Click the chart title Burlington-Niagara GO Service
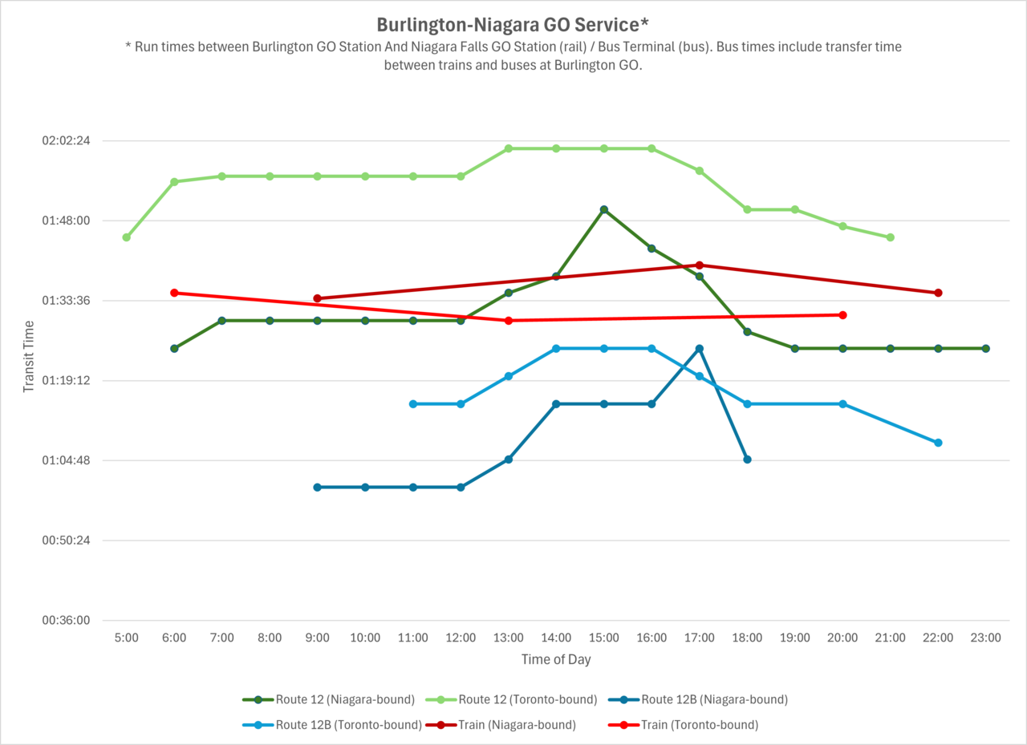(513, 24)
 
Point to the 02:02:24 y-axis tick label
(65, 141)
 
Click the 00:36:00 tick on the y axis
(65, 621)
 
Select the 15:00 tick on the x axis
(603, 638)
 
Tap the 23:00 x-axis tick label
(985, 638)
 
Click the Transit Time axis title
(29, 356)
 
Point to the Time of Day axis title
(555, 660)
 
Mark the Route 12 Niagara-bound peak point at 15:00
(604, 209)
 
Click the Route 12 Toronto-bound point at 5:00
(127, 237)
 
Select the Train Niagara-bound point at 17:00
(700, 265)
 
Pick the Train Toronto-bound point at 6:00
(174, 293)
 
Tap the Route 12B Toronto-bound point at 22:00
(938, 443)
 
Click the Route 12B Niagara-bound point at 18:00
(747, 460)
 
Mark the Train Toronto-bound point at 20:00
(842, 315)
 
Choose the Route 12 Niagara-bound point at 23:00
(986, 348)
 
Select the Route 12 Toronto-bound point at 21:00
(891, 237)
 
